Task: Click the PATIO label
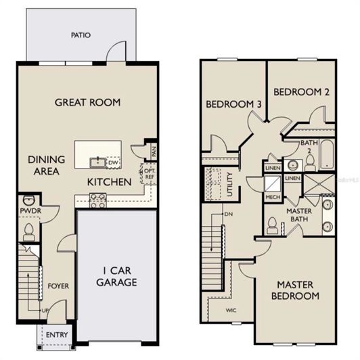(82, 35)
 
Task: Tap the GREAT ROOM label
(87, 102)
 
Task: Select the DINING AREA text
(46, 165)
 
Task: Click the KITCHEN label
(108, 182)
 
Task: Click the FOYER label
(58, 286)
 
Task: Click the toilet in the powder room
(29, 231)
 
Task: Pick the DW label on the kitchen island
(114, 163)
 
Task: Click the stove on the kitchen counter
(97, 198)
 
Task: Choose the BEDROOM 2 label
(301, 91)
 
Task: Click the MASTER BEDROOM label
(295, 290)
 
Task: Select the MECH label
(273, 197)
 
